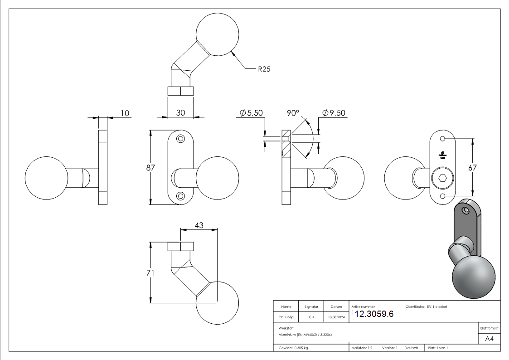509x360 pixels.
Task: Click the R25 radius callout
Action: click(264, 69)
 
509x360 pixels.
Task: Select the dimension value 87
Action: click(150, 168)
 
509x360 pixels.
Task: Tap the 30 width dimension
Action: click(180, 112)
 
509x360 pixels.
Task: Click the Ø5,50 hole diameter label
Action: click(251, 112)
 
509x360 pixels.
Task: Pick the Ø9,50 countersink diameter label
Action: click(334, 112)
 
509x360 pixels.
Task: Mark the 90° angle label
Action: click(293, 112)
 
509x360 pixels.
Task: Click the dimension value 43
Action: click(199, 225)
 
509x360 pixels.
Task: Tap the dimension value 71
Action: click(150, 273)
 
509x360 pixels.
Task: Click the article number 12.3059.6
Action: click(374, 314)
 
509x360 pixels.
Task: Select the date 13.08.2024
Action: click(336, 317)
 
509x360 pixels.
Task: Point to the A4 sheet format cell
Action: click(490, 339)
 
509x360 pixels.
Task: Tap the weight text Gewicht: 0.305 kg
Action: click(293, 348)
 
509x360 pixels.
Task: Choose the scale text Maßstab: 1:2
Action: click(362, 348)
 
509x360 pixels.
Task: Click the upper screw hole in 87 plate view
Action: click(180, 138)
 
